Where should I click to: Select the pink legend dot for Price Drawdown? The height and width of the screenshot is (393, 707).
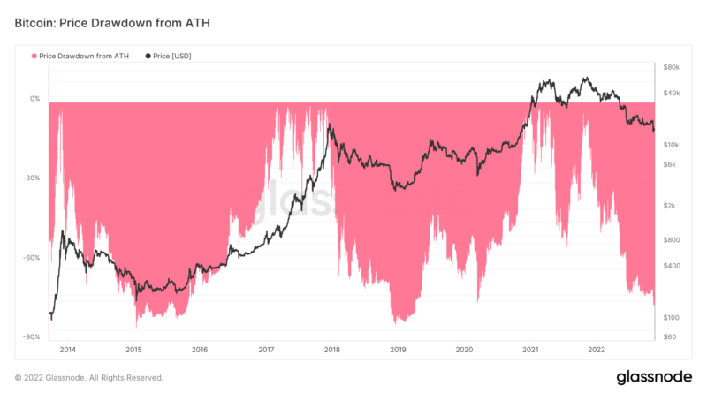[34, 56]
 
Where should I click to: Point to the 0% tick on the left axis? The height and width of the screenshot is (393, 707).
[34, 99]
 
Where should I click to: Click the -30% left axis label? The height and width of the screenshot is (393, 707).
[31, 178]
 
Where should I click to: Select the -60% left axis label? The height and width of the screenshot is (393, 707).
[31, 258]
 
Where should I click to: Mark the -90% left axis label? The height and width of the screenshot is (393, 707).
[31, 337]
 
